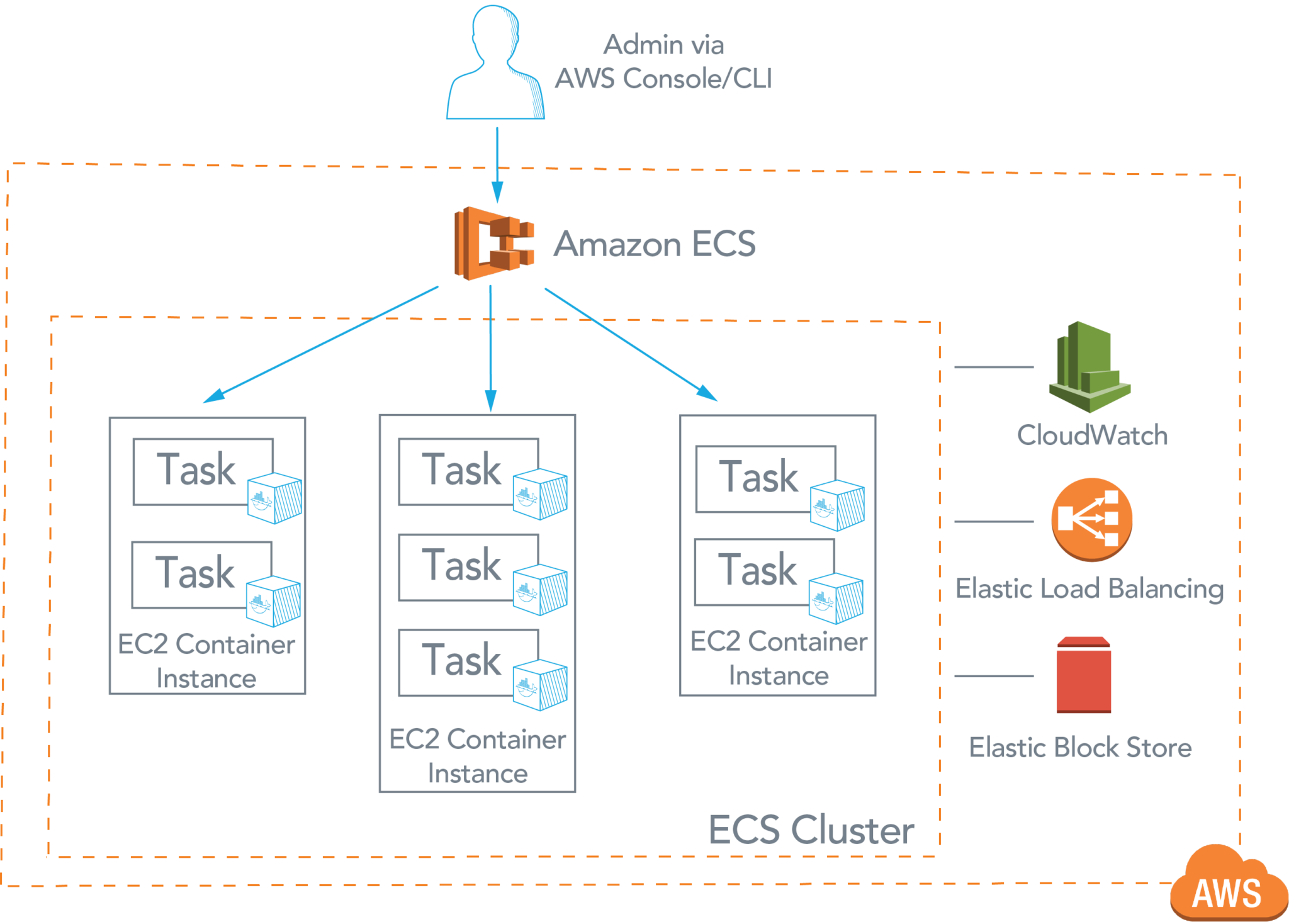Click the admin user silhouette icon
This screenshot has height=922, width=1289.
pyautogui.click(x=495, y=63)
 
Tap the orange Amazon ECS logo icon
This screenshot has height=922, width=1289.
pyautogui.click(x=494, y=243)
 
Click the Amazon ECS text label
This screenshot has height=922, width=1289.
pyautogui.click(x=655, y=244)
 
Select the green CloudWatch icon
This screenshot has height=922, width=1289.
pyautogui.click(x=1089, y=368)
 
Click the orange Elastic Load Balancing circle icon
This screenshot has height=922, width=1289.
pyautogui.click(x=1091, y=520)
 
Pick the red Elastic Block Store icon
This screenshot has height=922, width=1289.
pyautogui.click(x=1083, y=675)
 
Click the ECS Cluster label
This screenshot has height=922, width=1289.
pyautogui.click(x=811, y=830)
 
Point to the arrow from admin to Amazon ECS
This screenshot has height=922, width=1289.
pyautogui.click(x=497, y=164)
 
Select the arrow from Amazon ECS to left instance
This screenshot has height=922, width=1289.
pyautogui.click(x=321, y=344)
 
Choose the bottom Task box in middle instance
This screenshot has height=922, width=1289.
pyautogui.click(x=463, y=661)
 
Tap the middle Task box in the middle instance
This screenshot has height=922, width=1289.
pyautogui.click(x=463, y=566)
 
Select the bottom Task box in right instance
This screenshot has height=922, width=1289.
pyautogui.click(x=758, y=571)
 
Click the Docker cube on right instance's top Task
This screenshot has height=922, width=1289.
pyautogui.click(x=837, y=505)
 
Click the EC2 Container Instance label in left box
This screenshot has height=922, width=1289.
pyautogui.click(x=206, y=661)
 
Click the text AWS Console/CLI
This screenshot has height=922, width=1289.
pyautogui.click(x=663, y=79)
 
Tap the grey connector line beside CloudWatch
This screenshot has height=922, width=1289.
pyautogui.click(x=994, y=367)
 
